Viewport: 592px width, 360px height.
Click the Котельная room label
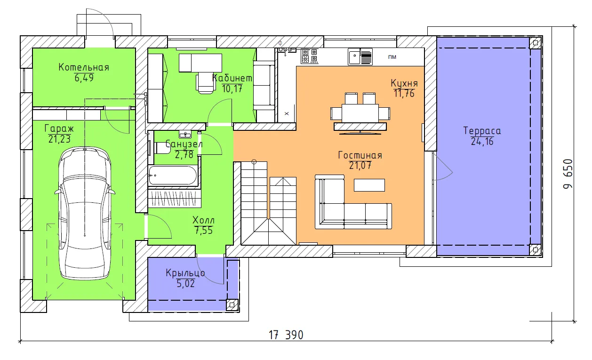point(84,67)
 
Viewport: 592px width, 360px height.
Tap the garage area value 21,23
point(59,139)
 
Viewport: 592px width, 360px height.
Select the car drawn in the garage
point(85,213)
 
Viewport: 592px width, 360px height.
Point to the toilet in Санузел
point(162,148)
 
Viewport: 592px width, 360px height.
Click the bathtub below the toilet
point(173,176)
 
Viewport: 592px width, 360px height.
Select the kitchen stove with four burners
point(310,56)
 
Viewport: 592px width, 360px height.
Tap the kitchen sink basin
point(354,56)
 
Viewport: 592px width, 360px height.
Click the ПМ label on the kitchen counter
point(392,57)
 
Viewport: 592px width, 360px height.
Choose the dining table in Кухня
point(360,113)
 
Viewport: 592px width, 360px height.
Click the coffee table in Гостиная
point(369,185)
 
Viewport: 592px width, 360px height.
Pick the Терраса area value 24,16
point(482,142)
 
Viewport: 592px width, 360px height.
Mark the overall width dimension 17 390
point(286,335)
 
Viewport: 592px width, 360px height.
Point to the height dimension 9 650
point(568,174)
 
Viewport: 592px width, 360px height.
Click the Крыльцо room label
point(185,273)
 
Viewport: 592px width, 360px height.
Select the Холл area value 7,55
point(203,231)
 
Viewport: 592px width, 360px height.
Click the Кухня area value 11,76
point(404,94)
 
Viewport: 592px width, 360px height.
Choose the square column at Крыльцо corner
point(232,305)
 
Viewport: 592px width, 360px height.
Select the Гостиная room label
point(360,155)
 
